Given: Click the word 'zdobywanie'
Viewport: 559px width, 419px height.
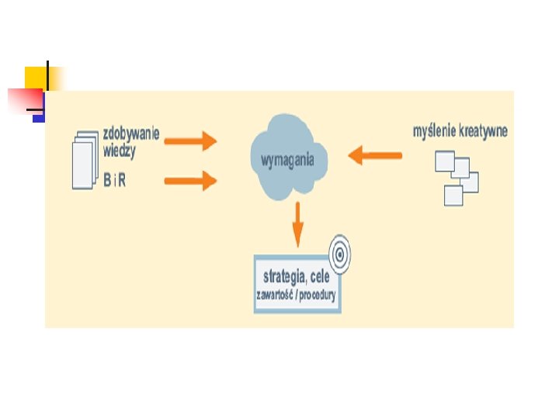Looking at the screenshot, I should click(132, 133).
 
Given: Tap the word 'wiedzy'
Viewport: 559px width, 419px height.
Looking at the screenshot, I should click(119, 151).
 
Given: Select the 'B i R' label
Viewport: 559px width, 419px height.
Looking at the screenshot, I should click(116, 179).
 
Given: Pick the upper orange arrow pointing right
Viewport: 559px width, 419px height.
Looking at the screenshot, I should click(190, 140).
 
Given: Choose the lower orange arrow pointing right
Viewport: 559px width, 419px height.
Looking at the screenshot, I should click(190, 182).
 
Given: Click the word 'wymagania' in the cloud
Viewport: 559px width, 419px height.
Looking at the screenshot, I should click(288, 161).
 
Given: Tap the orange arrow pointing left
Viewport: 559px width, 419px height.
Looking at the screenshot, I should click(375, 156).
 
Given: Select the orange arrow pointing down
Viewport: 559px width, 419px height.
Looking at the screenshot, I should click(297, 224).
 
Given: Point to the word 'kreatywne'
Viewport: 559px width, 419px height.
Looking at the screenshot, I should click(484, 131).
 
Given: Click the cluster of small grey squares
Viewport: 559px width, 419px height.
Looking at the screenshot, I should click(457, 178).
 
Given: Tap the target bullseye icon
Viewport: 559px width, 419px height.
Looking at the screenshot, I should click(339, 252).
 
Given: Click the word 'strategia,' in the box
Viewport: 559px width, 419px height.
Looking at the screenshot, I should click(285, 276).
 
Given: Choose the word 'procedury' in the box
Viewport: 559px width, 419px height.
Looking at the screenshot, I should click(320, 296).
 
